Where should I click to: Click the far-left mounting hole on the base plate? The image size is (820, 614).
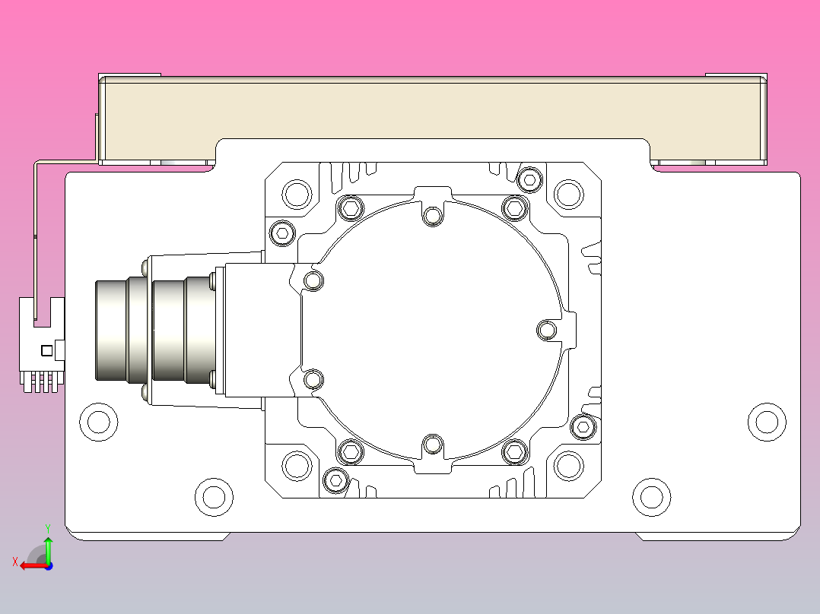coord(99,420)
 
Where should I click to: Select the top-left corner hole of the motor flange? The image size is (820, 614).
coord(297,194)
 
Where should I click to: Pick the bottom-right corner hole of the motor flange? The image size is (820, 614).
coord(568,465)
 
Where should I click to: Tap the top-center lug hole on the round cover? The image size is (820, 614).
coord(433,217)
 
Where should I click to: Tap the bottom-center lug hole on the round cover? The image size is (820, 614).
coord(433,444)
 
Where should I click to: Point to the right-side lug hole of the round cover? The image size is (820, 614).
coord(547,330)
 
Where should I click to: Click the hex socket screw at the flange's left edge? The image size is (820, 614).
coord(282,233)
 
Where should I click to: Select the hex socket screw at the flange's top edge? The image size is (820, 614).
coord(529,179)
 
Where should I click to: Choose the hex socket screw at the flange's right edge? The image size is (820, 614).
coord(583,428)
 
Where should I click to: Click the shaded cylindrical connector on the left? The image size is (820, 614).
coord(152,330)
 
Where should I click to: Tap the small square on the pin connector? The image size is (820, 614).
coord(46,350)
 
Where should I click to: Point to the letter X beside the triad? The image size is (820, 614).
coord(14,562)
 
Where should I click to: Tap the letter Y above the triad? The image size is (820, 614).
coord(47,527)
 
